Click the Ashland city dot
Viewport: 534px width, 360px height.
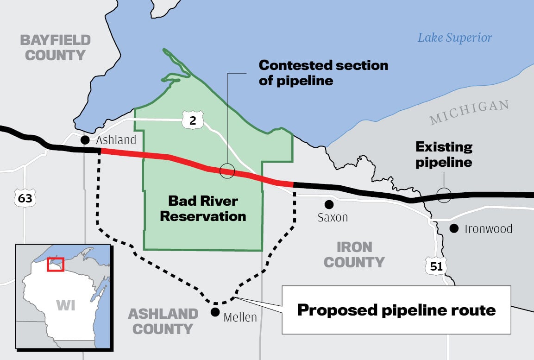tap(85, 139)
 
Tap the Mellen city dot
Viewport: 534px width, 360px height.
tap(215, 312)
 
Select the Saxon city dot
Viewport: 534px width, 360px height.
tap(329, 204)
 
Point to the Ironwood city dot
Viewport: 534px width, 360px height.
tap(454, 228)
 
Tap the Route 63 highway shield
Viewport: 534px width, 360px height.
tap(22, 199)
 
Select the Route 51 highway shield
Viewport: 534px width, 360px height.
tap(435, 266)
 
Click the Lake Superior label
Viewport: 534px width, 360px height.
tap(455, 38)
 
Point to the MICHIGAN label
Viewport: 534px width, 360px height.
tap(469, 112)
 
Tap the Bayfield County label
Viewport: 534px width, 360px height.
tap(55, 47)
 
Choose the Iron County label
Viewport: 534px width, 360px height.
tap(354, 254)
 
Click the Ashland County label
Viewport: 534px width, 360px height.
tap(163, 321)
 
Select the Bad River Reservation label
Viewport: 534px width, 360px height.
tap(203, 208)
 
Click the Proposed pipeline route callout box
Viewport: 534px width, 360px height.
tap(396, 309)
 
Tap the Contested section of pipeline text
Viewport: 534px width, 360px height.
tap(323, 72)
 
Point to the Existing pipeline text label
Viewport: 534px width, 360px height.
tap(444, 155)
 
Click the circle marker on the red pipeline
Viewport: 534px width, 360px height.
tap(227, 171)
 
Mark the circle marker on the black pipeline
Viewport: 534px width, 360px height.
tap(444, 195)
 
